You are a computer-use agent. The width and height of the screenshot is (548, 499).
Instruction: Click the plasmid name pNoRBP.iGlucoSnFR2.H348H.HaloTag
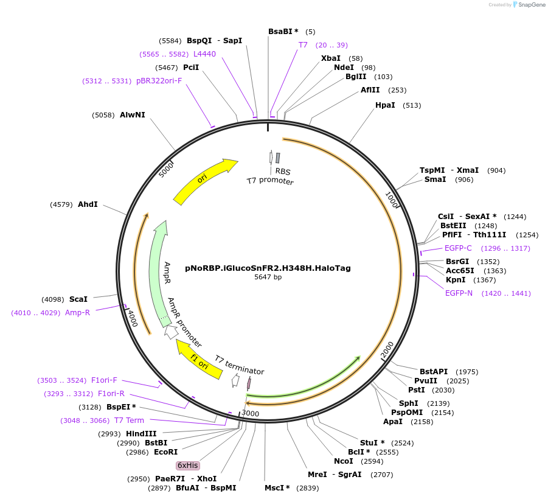[x=276, y=268]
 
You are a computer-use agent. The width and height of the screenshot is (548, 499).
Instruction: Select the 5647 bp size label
[x=268, y=277]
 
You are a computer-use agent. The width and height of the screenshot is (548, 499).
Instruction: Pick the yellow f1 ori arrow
[x=199, y=359]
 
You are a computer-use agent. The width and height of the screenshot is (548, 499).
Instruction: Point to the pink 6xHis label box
[x=187, y=466]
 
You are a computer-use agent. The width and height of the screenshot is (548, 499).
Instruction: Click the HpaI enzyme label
[x=385, y=105]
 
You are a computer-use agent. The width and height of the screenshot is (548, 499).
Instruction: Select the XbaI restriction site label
[x=330, y=58]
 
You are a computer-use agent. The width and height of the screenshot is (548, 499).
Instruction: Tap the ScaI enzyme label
[x=78, y=299]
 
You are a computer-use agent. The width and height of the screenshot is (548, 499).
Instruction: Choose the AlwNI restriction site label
[x=132, y=115]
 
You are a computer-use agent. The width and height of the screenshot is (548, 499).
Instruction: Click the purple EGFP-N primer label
[x=459, y=293]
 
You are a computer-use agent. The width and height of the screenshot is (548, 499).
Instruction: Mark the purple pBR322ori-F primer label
[x=159, y=81]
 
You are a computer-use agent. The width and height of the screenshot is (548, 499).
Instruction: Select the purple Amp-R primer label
[x=77, y=313]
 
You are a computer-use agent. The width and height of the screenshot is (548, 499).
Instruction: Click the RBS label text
[x=283, y=172]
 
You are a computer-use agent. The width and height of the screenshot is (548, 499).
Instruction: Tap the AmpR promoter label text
[x=185, y=323]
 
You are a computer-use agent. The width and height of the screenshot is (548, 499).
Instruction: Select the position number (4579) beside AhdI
[x=61, y=204]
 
